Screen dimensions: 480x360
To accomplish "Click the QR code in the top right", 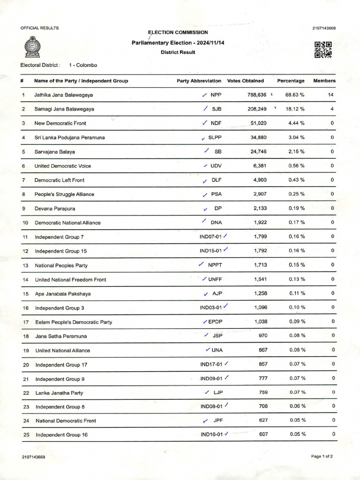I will click(323, 49).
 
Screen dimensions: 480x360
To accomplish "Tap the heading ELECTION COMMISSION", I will click(178, 32).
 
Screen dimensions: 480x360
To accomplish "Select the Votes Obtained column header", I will click(245, 81).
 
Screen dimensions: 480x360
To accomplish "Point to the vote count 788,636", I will click(257, 95).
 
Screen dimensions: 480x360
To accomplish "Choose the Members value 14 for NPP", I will click(331, 95).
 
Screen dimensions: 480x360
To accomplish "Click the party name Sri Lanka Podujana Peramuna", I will click(69, 138).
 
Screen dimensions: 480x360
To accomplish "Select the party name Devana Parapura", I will click(55, 209).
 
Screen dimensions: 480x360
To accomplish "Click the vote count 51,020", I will click(259, 123).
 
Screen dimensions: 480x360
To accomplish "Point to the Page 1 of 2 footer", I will click(322, 456).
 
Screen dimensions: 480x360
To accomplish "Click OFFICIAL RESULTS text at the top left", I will click(40, 28).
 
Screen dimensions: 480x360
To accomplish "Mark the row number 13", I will click(26, 265).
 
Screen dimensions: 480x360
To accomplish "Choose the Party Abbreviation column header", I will click(199, 81).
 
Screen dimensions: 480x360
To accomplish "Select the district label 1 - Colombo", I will click(82, 65).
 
